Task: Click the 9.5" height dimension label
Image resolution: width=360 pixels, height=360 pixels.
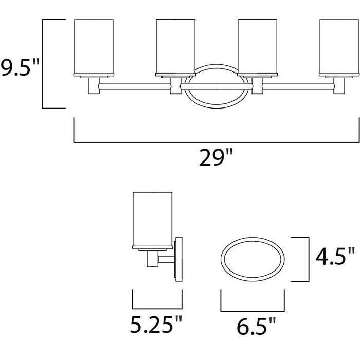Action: (x=20, y=67)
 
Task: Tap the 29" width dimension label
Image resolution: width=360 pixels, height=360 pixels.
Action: (x=216, y=157)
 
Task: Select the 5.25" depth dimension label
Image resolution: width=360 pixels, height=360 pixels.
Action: (x=156, y=324)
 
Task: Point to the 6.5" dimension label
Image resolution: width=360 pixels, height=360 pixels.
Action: (x=256, y=326)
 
